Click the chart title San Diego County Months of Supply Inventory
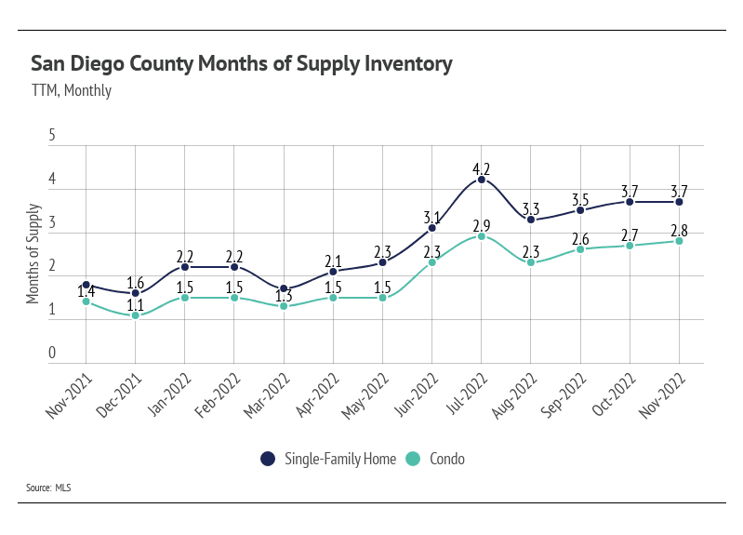pyautogui.click(x=242, y=64)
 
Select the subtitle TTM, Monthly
pyautogui.click(x=71, y=90)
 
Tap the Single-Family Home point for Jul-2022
pyautogui.click(x=482, y=179)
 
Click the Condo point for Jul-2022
pyautogui.click(x=482, y=236)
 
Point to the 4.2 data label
pyautogui.click(x=482, y=168)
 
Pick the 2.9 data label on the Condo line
pyautogui.click(x=482, y=226)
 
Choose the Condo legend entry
pyautogui.click(x=438, y=459)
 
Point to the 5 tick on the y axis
pyautogui.click(x=52, y=136)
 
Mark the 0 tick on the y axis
pyautogui.click(x=52, y=354)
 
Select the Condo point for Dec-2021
pyautogui.click(x=136, y=315)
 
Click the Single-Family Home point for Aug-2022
pyautogui.click(x=531, y=220)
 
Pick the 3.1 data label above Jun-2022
pyautogui.click(x=432, y=217)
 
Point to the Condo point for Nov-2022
pyautogui.click(x=679, y=241)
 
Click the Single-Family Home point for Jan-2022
pyautogui.click(x=185, y=267)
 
